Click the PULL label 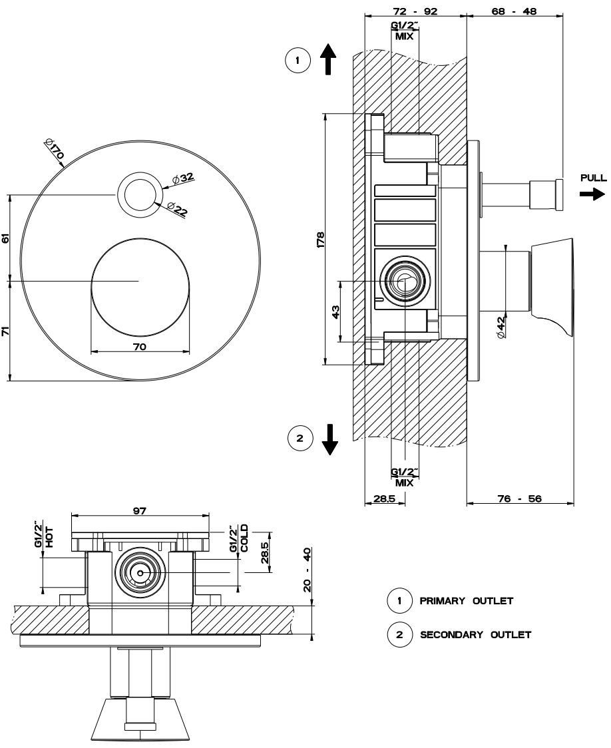(x=593, y=178)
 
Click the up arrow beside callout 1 (x=327, y=59)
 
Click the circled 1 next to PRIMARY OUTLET (x=399, y=601)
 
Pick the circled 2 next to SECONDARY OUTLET (x=399, y=634)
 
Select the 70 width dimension (x=139, y=347)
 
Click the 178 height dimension (x=319, y=239)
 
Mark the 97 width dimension (x=139, y=511)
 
